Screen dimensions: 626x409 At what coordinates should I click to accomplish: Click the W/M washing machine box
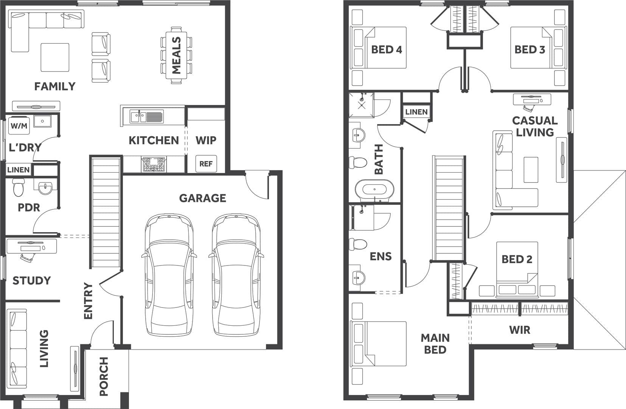click(19, 126)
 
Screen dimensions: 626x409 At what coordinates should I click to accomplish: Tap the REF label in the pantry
click(206, 164)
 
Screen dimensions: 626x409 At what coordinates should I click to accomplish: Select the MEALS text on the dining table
click(176, 55)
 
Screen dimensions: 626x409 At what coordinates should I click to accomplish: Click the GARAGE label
click(203, 198)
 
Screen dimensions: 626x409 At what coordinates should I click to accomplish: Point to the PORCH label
click(104, 376)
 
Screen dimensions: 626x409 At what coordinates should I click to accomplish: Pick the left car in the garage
click(169, 275)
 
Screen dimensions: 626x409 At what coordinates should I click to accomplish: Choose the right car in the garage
click(236, 275)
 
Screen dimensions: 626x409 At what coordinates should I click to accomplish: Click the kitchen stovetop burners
click(154, 164)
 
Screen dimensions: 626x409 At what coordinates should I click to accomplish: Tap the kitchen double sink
click(146, 117)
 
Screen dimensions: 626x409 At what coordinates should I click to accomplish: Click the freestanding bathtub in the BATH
click(374, 189)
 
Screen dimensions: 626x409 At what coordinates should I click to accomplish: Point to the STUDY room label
click(31, 281)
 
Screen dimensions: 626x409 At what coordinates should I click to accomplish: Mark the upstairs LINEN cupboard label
click(416, 112)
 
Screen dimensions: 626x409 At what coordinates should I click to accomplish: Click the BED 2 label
click(517, 259)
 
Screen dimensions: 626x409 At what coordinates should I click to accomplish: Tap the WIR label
click(520, 330)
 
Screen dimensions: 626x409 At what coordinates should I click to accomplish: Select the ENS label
click(381, 256)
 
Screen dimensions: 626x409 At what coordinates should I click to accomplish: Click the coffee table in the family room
click(55, 57)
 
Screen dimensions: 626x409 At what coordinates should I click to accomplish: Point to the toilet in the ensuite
click(358, 244)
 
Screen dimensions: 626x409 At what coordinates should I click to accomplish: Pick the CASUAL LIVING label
click(535, 126)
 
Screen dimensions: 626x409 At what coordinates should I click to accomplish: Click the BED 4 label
click(387, 50)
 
